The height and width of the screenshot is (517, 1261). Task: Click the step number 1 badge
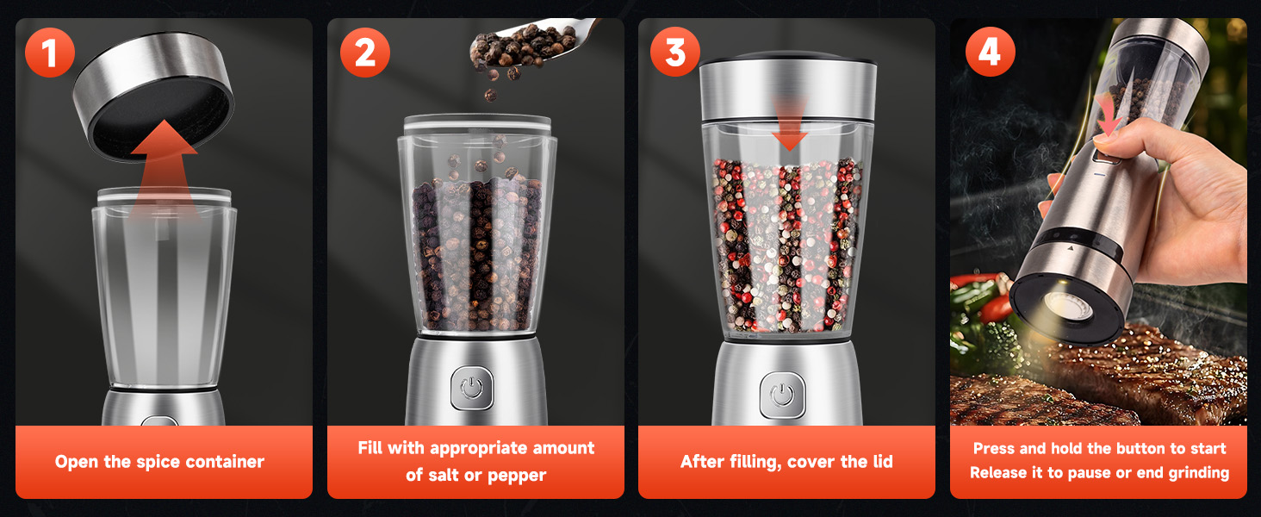click(49, 53)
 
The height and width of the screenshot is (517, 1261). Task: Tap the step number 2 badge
click(364, 53)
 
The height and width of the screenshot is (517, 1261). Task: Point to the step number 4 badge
click(989, 53)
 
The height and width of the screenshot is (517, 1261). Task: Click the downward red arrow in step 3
click(790, 125)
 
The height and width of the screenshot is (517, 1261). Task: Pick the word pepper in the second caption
click(518, 475)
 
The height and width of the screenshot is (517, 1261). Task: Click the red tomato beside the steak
click(997, 307)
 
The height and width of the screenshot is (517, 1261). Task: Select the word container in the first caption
click(223, 462)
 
